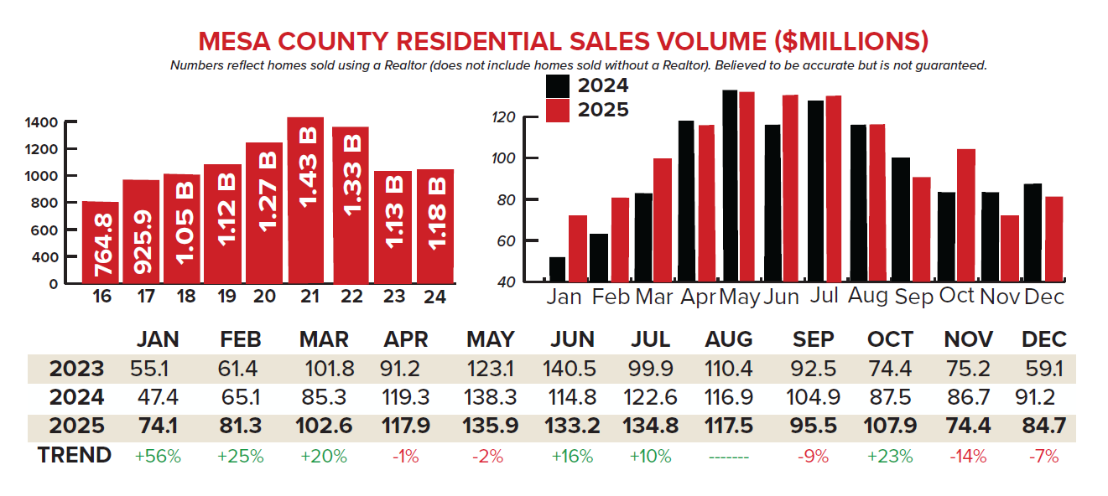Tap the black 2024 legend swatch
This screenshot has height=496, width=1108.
(558, 86)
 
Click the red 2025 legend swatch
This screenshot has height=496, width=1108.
(558, 111)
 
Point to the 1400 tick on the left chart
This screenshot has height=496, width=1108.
(41, 122)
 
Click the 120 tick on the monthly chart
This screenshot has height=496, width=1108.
(502, 117)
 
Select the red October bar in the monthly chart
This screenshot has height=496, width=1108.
(965, 214)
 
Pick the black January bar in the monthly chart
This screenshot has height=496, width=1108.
(557, 269)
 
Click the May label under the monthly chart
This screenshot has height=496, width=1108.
(740, 297)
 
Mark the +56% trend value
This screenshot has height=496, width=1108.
(159, 457)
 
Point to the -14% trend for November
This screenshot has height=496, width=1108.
(969, 457)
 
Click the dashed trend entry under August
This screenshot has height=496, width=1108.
(730, 457)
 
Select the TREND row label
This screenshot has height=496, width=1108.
(75, 456)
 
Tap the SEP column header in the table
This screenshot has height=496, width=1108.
(814, 339)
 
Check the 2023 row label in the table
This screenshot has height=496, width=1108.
(76, 369)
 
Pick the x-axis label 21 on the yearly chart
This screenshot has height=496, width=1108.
(306, 296)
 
